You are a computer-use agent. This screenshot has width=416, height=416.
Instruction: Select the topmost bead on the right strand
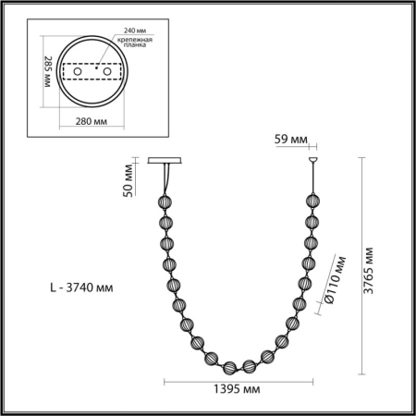click(310, 202)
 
